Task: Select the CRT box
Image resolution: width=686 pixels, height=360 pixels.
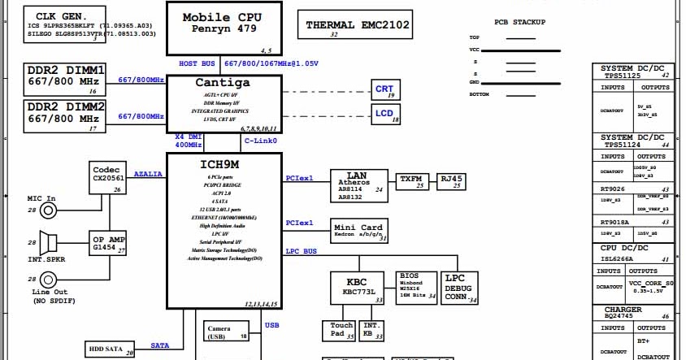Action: [385, 89]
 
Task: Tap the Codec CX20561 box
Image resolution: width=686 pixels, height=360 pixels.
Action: [107, 177]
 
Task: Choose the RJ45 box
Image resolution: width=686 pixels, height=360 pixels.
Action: [451, 180]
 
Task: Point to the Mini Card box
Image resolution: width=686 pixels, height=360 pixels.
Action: [359, 232]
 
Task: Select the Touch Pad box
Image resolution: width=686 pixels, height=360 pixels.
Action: [339, 330]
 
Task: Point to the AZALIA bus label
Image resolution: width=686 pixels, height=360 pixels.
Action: [149, 174]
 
